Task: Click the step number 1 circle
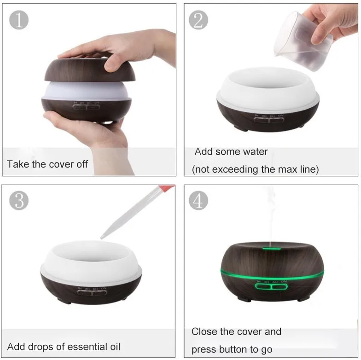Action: [x=19, y=20]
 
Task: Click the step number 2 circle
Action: [x=198, y=20]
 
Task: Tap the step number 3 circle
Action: [x=19, y=200]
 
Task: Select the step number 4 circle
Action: [x=198, y=200]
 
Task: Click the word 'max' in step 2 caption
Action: [x=287, y=169]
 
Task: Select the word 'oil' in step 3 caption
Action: [x=115, y=347]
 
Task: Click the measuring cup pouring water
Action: [x=303, y=41]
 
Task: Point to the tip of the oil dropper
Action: [x=101, y=238]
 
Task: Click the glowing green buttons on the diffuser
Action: [x=271, y=287]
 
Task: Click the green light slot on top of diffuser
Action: [x=272, y=249]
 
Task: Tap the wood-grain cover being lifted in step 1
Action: [x=90, y=70]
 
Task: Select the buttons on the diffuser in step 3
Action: [x=92, y=293]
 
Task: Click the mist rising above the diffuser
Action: [x=271, y=214]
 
